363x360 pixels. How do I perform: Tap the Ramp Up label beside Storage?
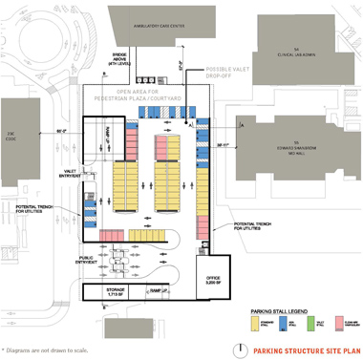pos(159,289)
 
